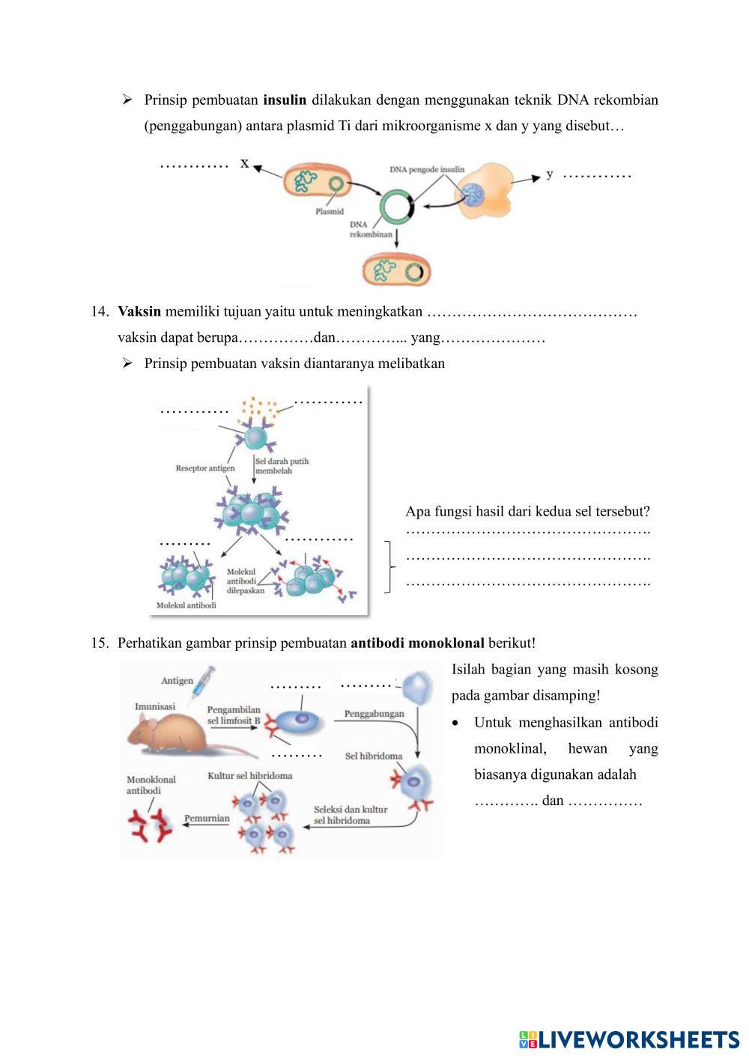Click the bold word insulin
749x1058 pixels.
pos(285,100)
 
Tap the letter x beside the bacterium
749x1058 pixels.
pos(244,163)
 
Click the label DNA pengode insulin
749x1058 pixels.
pos(427,170)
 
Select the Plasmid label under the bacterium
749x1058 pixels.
pos(330,212)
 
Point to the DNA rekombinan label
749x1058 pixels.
pos(370,229)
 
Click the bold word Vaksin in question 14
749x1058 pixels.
pos(139,312)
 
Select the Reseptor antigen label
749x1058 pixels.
pos(204,468)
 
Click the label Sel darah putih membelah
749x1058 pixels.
pos(282,466)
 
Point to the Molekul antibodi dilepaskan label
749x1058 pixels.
pos(246,581)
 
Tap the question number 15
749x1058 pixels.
pos(100,643)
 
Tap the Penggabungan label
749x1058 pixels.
pos(374,714)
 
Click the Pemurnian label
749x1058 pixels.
pos(207,818)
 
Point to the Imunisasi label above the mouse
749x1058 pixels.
pos(155,706)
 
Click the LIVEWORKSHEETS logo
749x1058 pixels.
pos(629,1039)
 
